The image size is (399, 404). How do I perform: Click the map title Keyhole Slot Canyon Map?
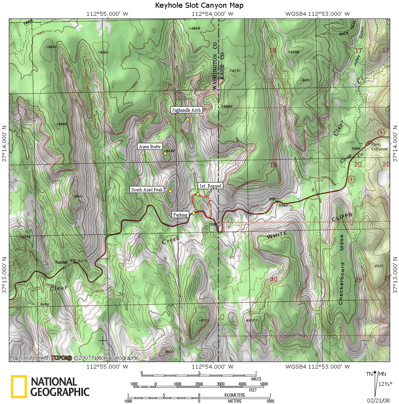pyautogui.click(x=199, y=5)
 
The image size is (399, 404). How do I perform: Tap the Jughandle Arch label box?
pyautogui.click(x=186, y=110)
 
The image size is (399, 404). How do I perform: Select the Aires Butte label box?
pyautogui.click(x=150, y=147)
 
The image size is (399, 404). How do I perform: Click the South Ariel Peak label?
pyautogui.click(x=147, y=190)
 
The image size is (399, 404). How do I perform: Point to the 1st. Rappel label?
pyautogui.click(x=210, y=186)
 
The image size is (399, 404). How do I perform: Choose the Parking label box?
pyautogui.click(x=180, y=215)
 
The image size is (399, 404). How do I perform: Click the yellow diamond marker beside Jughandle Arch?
pyautogui.click(x=187, y=119)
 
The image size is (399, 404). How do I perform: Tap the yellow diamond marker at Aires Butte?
pyautogui.click(x=165, y=153)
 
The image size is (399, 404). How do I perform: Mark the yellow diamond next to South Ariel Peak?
pyautogui.click(x=170, y=191)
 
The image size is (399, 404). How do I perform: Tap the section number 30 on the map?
pyautogui.click(x=274, y=279)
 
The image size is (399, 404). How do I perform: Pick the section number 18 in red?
pyautogui.click(x=273, y=50)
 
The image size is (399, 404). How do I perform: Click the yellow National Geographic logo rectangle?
pyautogui.click(x=19, y=386)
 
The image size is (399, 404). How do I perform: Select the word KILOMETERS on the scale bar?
pyautogui.click(x=234, y=395)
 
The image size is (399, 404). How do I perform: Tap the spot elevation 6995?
pyautogui.click(x=62, y=124)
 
